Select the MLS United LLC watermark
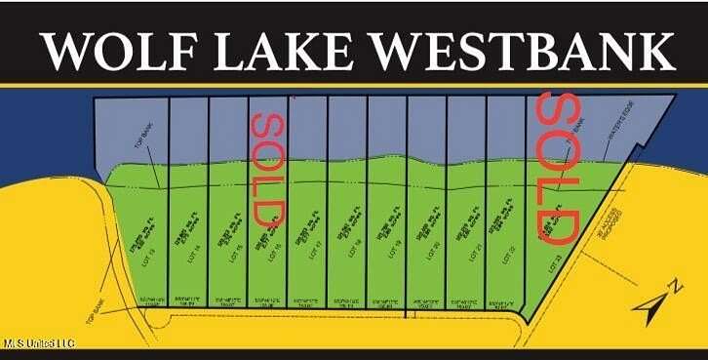pos(38,343)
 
